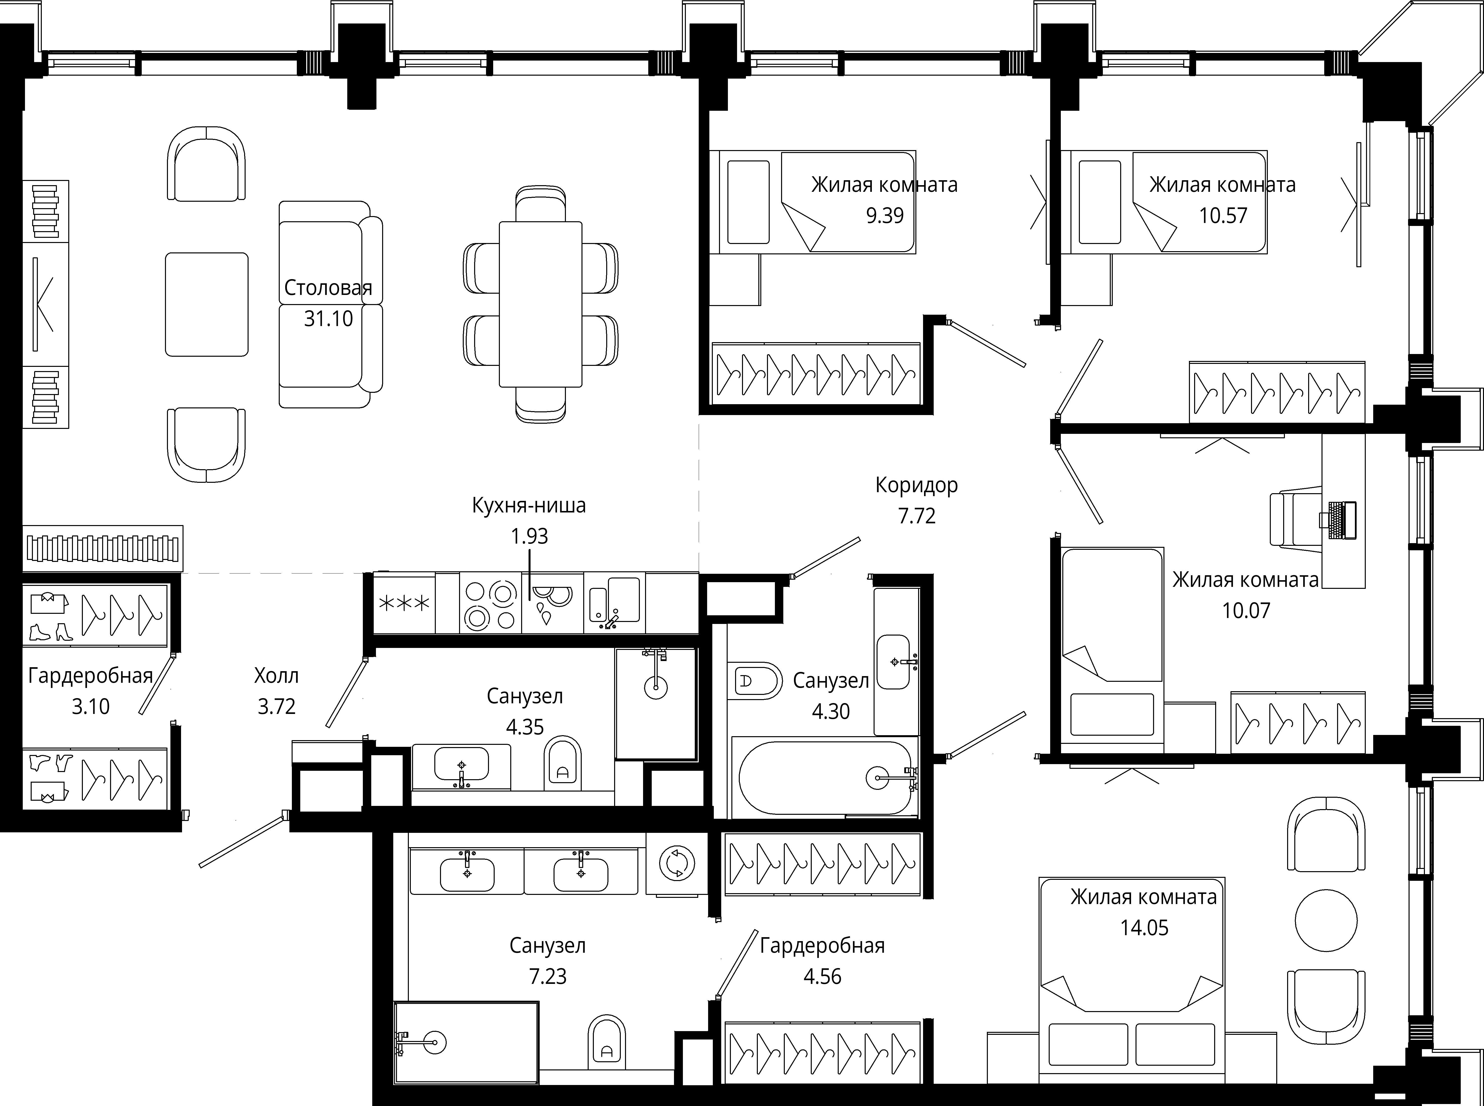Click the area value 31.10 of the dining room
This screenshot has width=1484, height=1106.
pyautogui.click(x=328, y=319)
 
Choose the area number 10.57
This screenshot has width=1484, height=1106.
pyautogui.click(x=1223, y=216)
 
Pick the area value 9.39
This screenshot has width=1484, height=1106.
pyautogui.click(x=885, y=216)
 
